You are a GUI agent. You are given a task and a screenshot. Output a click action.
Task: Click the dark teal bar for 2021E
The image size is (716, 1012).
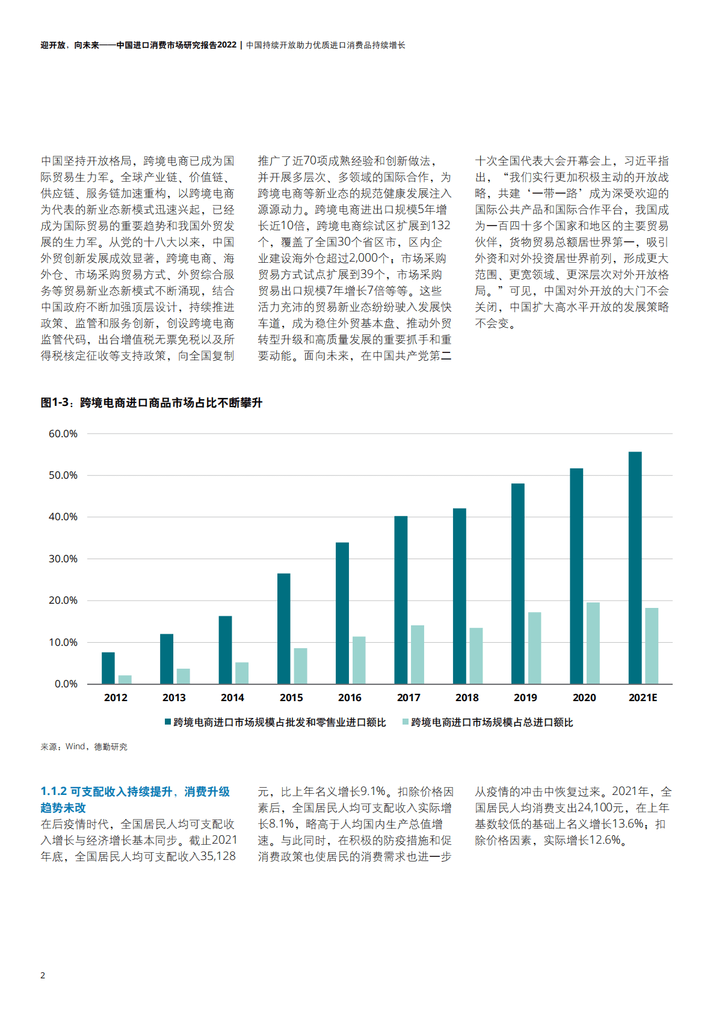coord(635,568)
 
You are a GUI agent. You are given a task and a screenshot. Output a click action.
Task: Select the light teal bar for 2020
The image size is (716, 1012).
coord(593,643)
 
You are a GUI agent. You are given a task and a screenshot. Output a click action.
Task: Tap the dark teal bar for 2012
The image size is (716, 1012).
coord(108,667)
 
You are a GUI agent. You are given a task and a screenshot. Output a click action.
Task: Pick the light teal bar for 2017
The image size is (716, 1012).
coord(417,654)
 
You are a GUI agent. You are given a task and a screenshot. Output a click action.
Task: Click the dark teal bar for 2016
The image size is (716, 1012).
coord(342,613)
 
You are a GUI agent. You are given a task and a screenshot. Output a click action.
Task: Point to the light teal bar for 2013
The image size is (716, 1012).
coord(183,676)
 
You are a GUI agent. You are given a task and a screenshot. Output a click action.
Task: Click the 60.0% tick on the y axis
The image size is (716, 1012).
coord(63,434)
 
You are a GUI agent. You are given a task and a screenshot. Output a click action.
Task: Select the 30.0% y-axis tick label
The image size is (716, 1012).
coord(63,559)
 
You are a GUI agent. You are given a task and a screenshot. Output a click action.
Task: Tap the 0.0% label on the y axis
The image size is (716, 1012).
coord(66,684)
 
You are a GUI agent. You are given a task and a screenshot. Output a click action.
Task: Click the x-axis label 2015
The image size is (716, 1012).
coord(291,698)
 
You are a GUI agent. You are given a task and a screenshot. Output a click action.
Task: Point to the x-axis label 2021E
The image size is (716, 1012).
coord(643,698)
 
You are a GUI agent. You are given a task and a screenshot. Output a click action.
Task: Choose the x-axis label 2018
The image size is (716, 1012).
coord(467,698)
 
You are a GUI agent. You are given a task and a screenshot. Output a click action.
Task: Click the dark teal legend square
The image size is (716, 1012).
coord(168,722)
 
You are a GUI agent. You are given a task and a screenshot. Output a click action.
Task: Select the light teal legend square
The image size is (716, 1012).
coord(406,722)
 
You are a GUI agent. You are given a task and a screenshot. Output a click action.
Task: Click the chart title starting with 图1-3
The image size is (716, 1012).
coord(152,402)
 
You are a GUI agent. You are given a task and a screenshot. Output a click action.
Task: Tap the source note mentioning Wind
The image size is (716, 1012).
coord(84,746)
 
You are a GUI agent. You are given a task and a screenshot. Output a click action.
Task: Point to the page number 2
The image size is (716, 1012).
coord(43,975)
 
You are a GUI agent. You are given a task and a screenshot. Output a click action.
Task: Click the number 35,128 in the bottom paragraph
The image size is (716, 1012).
coord(218,856)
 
